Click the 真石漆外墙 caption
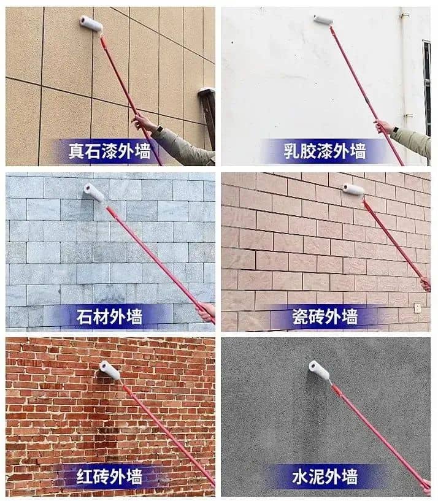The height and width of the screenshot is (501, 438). click(109, 151)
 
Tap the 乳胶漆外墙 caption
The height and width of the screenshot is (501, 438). click(325, 151)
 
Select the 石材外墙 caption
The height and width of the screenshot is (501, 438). click(109, 316)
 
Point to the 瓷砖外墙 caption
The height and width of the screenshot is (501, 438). click(325, 316)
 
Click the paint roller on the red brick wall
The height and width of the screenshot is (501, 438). click(109, 370)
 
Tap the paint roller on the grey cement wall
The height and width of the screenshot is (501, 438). click(319, 370)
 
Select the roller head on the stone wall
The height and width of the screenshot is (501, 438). click(94, 193)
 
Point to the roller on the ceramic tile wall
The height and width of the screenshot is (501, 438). click(353, 189)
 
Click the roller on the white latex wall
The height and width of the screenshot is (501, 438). click(323, 20)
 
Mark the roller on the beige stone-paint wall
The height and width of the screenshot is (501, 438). click(91, 23)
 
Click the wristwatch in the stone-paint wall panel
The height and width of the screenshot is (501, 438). click(159, 129)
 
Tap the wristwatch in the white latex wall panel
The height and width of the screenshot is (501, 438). click(396, 130)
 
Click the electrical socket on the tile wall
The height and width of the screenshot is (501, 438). click(418, 308)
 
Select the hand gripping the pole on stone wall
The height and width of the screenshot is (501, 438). click(206, 312)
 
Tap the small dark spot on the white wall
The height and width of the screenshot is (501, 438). click(232, 42)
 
